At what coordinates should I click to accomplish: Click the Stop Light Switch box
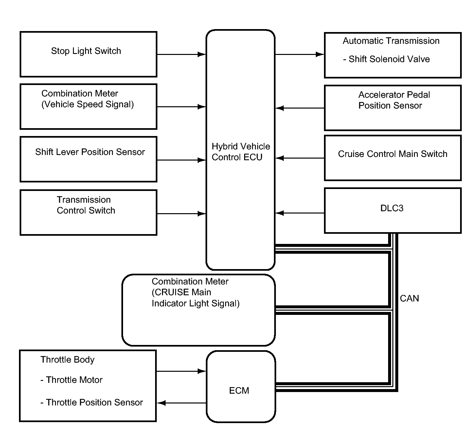coord(88,54)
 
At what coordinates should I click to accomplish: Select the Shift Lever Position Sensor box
coord(88,159)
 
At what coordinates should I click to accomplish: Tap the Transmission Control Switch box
coord(88,213)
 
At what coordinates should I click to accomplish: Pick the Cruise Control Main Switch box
coord(393,158)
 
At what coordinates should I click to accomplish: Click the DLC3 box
coord(393,211)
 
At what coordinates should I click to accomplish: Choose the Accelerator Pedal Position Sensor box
coord(393,108)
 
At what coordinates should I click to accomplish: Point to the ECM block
coord(241,387)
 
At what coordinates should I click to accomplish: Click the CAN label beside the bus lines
coord(409,298)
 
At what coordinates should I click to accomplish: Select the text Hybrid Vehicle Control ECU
coord(241,152)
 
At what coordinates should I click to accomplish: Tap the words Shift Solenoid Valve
coord(389,59)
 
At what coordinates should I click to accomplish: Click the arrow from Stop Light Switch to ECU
coord(182,54)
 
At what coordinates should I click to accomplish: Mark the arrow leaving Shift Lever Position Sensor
coord(182,160)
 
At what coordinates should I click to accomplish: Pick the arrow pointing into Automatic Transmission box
coord(299,54)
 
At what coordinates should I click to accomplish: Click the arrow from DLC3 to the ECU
coord(299,213)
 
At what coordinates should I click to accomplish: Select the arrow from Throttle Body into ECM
coord(181,371)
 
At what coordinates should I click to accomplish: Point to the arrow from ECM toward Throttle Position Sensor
coord(181,403)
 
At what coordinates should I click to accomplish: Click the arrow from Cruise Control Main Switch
coord(299,158)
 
